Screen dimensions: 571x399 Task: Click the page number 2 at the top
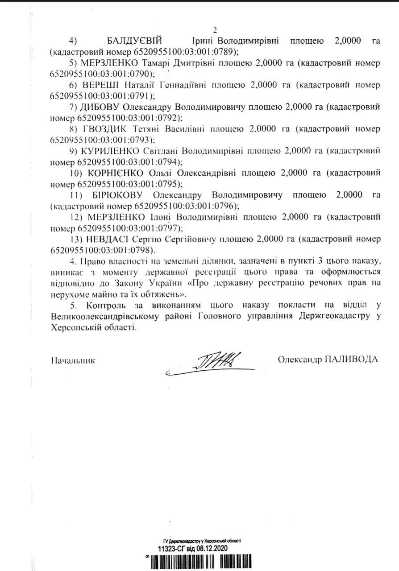tap(215, 31)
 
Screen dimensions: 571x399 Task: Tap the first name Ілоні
tap(160, 217)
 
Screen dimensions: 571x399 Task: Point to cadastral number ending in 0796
tap(186, 206)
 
